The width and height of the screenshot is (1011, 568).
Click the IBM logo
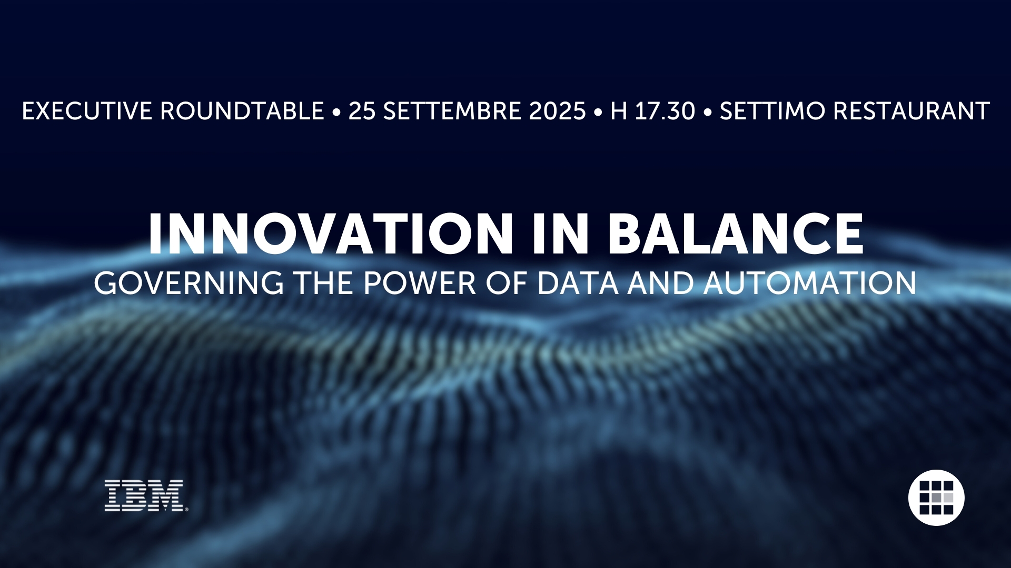pyautogui.click(x=146, y=495)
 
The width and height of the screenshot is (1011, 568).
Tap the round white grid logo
pyautogui.click(x=936, y=498)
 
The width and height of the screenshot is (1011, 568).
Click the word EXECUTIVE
pyautogui.click(x=87, y=111)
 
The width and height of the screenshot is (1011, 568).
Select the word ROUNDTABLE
pyautogui.click(x=242, y=111)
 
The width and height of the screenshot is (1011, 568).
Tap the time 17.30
pyautogui.click(x=665, y=111)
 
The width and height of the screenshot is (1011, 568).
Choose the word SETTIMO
pyautogui.click(x=772, y=111)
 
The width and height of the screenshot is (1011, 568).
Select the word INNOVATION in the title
pyautogui.click(x=331, y=234)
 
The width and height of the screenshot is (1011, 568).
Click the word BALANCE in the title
pyautogui.click(x=736, y=234)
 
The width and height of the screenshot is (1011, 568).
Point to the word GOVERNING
pyautogui.click(x=189, y=283)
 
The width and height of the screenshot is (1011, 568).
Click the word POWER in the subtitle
pyautogui.click(x=420, y=283)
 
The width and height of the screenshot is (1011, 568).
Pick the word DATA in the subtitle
pyautogui.click(x=578, y=283)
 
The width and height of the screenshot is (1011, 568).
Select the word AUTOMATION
pyautogui.click(x=810, y=283)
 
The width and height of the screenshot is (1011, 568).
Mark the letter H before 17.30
pyautogui.click(x=619, y=111)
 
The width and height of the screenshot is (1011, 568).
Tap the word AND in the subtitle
pyautogui.click(x=661, y=283)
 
